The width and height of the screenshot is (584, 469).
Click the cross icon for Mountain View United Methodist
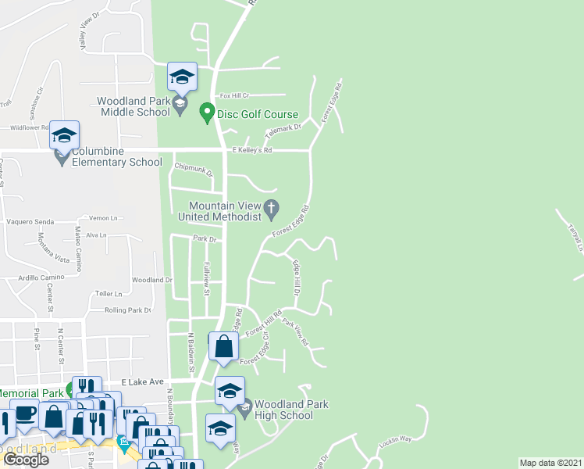[272, 208]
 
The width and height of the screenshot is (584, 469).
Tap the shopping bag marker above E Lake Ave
[223, 345]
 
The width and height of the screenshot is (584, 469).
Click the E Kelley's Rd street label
[251, 150]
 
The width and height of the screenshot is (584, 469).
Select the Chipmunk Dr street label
[194, 166]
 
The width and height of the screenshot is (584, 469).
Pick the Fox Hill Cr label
[233, 95]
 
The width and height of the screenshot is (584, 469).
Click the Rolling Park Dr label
[127, 310]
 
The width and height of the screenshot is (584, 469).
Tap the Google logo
[27, 460]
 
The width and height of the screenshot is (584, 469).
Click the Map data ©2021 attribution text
[550, 463]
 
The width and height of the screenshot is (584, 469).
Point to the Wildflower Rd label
[30, 127]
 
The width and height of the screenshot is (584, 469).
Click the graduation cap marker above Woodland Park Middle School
[182, 76]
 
